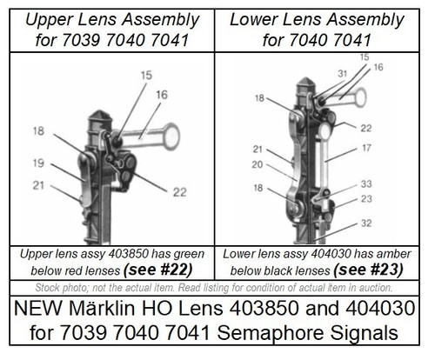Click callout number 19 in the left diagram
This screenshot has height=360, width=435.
pyautogui.click(x=38, y=163)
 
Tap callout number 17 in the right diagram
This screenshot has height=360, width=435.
pyautogui.click(x=366, y=148)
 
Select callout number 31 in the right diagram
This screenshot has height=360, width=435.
pyautogui.click(x=343, y=73)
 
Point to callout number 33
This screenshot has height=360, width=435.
pyautogui.click(x=366, y=183)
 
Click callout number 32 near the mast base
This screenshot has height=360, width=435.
pyautogui.click(x=366, y=223)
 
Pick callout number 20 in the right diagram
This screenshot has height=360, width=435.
pyautogui.click(x=258, y=164)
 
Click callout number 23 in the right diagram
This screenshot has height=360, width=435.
pyautogui.click(x=366, y=199)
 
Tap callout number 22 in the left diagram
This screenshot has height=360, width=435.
pyautogui.click(x=179, y=192)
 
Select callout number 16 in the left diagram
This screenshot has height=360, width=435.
pyautogui.click(x=162, y=95)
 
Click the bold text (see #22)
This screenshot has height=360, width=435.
pyautogui.click(x=158, y=270)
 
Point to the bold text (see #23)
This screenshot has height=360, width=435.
pyautogui.click(x=368, y=270)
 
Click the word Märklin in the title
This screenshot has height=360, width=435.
pyautogui.click(x=102, y=308)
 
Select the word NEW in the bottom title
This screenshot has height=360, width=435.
pyautogui.click(x=38, y=308)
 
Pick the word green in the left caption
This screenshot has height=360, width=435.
pyautogui.click(x=189, y=254)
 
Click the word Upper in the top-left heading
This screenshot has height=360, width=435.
pyautogui.click(x=49, y=20)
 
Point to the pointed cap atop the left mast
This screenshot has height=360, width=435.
pyautogui.click(x=100, y=115)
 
